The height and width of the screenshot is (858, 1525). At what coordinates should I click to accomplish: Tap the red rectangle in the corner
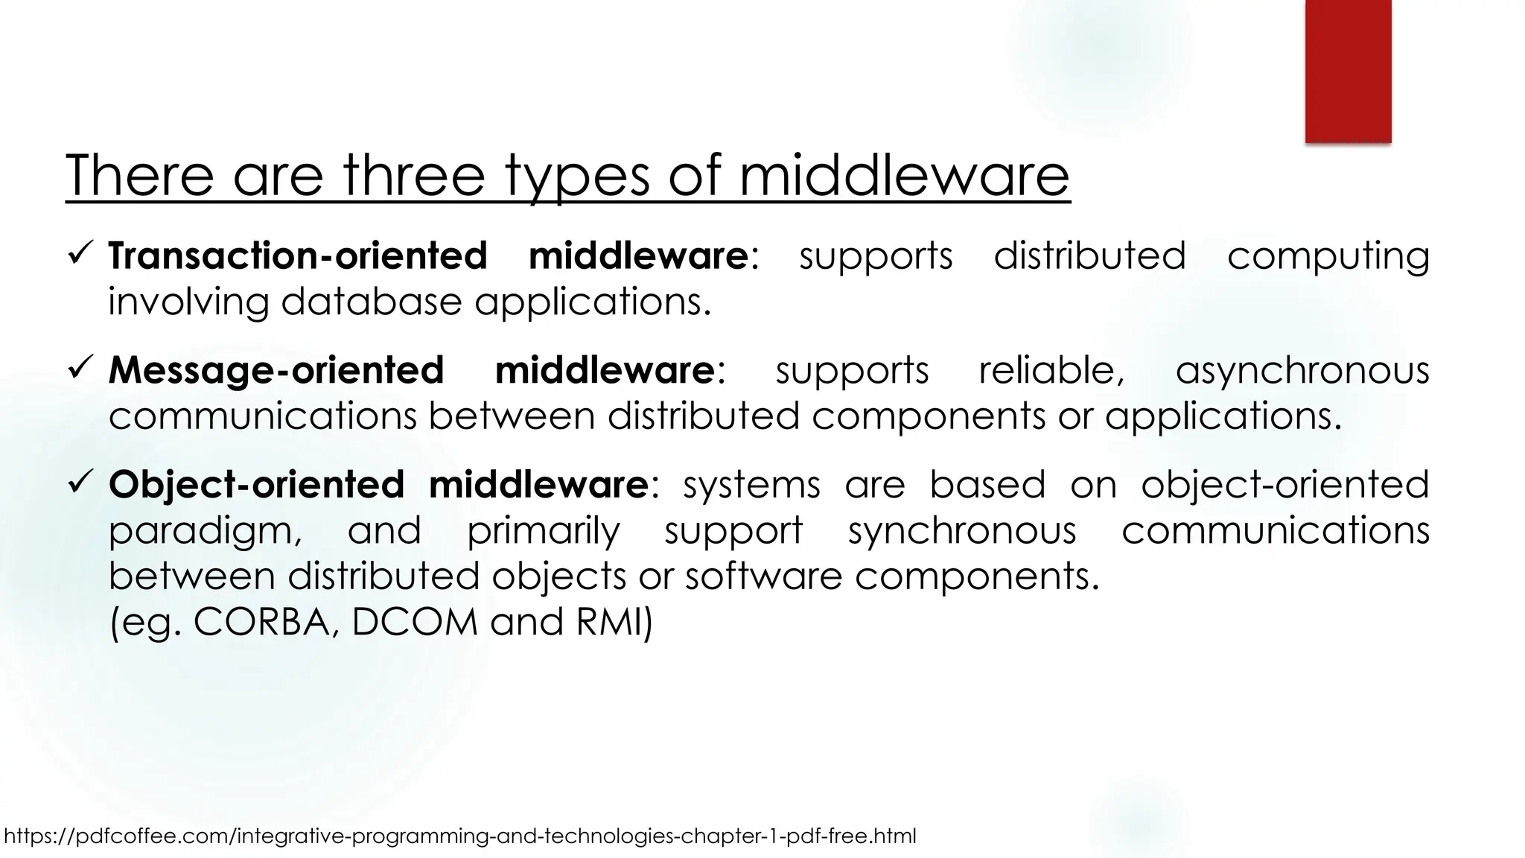[1348, 71]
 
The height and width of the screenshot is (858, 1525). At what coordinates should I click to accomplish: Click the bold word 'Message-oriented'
[276, 370]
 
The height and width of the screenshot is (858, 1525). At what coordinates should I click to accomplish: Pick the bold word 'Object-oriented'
[256, 485]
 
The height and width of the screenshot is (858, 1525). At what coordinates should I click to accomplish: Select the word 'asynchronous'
[1302, 370]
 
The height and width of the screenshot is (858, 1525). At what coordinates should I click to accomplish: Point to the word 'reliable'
[1049, 370]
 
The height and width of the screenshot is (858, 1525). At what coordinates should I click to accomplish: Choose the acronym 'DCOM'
[414, 622]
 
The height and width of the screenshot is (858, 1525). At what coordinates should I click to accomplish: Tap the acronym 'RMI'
[610, 622]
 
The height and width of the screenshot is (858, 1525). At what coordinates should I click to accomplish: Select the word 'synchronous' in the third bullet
[962, 531]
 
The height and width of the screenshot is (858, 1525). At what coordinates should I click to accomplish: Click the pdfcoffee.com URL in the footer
[460, 836]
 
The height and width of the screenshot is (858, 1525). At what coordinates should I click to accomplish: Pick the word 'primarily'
[543, 532]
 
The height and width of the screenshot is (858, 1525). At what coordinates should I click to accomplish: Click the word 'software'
[763, 576]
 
